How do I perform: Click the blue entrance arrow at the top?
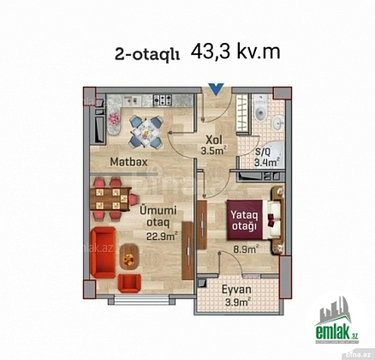click(x=216, y=89)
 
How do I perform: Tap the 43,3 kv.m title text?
click(x=235, y=52)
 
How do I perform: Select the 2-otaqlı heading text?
click(x=147, y=55)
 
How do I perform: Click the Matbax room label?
click(x=129, y=162)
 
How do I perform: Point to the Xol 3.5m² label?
click(x=214, y=145)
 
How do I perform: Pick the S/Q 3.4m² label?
click(x=266, y=158)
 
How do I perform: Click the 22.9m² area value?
click(x=162, y=236)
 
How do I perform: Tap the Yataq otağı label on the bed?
click(x=245, y=220)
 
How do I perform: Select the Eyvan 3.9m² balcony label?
click(x=236, y=295)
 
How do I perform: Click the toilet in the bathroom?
click(x=261, y=111)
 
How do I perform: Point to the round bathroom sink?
click(x=277, y=123)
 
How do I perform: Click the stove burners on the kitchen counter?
click(x=163, y=99)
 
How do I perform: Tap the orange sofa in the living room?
click(x=103, y=253)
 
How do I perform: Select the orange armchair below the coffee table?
click(x=129, y=284)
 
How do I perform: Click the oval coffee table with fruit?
click(x=129, y=257)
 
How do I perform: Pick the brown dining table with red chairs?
click(x=110, y=199)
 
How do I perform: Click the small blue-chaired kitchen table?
click(x=146, y=132)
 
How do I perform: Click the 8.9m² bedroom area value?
click(x=246, y=249)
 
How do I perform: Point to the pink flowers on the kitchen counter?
click(x=115, y=119)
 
